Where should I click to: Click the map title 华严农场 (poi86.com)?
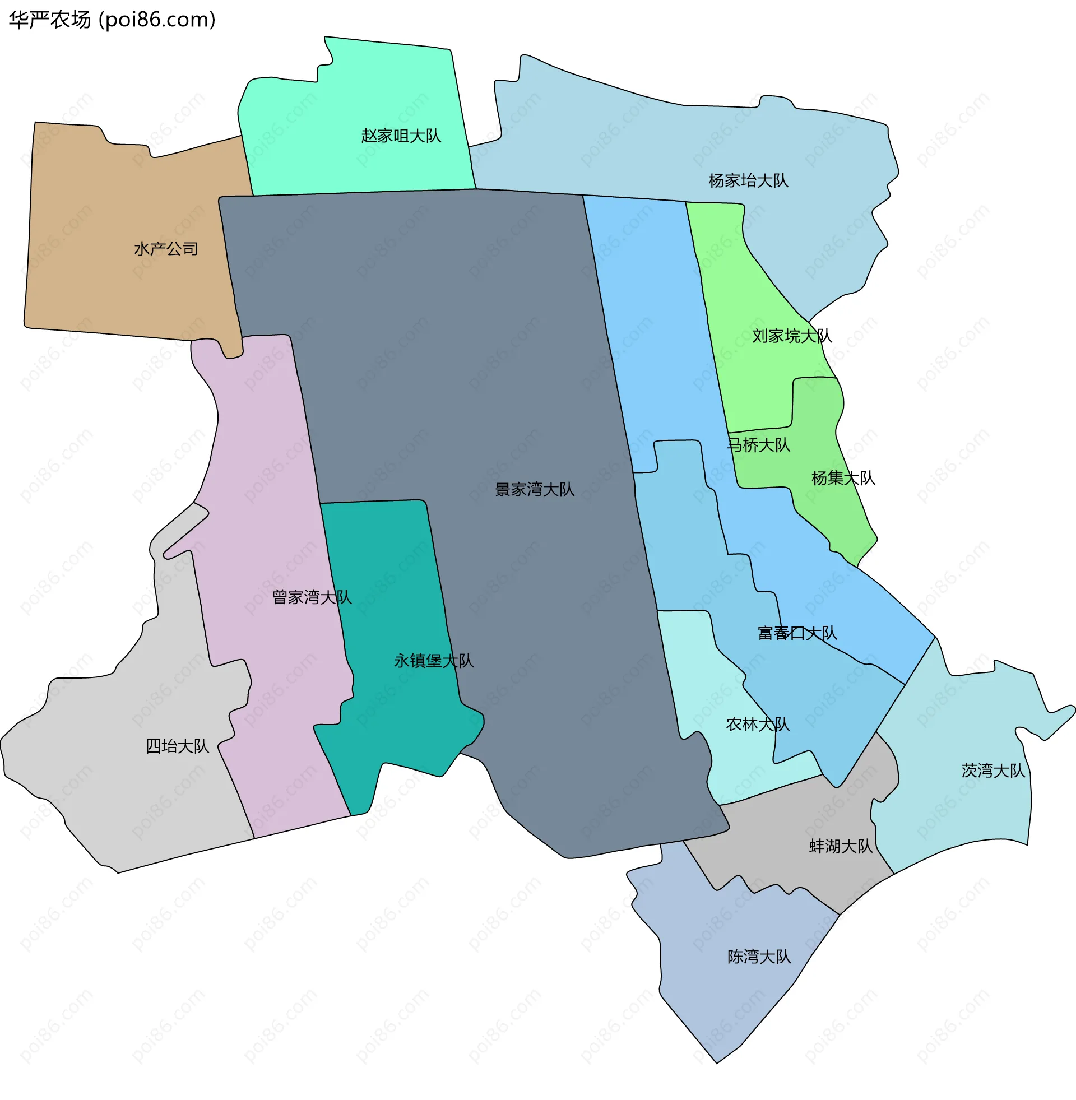112,20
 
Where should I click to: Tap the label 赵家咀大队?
401,136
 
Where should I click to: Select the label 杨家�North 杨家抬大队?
748,181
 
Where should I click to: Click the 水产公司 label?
165,249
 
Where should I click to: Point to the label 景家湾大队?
534,489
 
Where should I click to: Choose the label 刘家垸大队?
791,336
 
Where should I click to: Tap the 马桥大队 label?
758,445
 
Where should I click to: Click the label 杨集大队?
843,478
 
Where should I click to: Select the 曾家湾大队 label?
312,597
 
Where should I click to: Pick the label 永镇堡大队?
433,661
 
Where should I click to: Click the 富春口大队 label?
797,633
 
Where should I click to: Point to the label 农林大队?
757,725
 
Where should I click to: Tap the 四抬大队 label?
177,746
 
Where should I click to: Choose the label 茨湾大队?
992,771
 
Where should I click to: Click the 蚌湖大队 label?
840,846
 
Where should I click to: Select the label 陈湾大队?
758,957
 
